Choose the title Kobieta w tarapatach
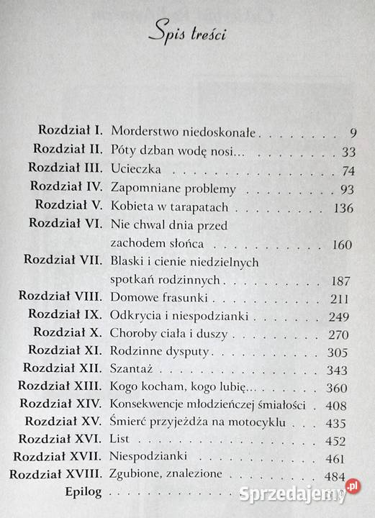169,207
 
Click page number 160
342,245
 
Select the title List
119,440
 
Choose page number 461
343,458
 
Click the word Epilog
82,494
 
